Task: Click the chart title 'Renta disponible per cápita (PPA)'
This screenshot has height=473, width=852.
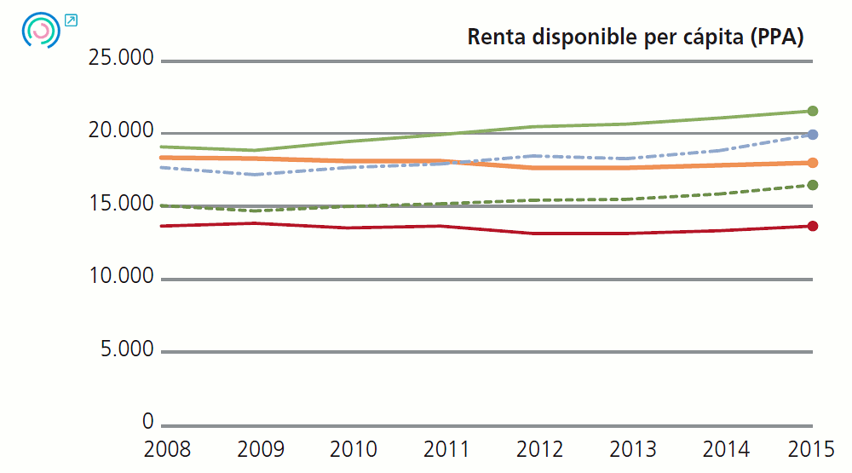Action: [x=636, y=37]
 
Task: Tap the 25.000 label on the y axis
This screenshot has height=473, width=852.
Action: [x=121, y=59]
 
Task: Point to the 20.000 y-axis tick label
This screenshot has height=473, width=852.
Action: [x=121, y=131]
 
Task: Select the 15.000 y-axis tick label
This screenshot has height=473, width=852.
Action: [x=121, y=205]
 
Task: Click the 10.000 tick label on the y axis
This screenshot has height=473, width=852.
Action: [x=121, y=277]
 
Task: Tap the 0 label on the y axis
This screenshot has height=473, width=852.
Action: [x=147, y=423]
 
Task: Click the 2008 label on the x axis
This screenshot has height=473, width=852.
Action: [x=168, y=449]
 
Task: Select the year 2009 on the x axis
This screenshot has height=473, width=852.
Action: [x=260, y=449]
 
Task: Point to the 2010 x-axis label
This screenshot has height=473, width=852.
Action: [x=353, y=449]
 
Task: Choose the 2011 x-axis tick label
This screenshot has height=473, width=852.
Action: [x=446, y=449]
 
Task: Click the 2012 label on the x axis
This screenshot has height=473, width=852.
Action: [x=539, y=449]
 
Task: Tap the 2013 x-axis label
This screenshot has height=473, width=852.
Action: [x=632, y=449]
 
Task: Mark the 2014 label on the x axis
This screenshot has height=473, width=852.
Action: [x=725, y=449]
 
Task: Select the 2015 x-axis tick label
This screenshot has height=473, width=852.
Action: [x=811, y=449]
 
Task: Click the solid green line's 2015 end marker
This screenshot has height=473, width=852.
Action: [x=813, y=111]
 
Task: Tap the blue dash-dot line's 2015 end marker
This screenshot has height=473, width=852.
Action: [x=813, y=135]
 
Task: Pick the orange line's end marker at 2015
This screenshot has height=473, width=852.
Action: [x=813, y=163]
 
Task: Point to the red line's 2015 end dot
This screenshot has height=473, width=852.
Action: [x=813, y=226]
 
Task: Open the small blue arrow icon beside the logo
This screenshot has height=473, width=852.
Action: [x=71, y=20]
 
